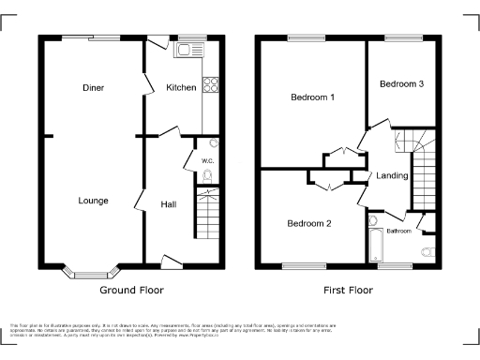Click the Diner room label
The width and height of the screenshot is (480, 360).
point(93,88)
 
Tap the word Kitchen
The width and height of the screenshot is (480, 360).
point(181,88)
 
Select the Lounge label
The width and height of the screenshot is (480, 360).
point(93,201)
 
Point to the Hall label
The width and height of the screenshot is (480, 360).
point(169,204)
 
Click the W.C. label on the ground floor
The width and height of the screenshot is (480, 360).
point(207,160)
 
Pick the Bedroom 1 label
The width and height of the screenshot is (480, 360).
point(312,97)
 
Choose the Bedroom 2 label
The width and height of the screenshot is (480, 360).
point(309,223)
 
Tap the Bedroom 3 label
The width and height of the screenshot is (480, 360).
point(401,84)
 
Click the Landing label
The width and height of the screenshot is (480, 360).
point(392,176)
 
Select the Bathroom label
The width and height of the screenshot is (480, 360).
point(399,231)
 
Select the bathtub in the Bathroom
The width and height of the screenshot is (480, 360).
point(376,242)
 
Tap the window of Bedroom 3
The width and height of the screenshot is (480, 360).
point(401,38)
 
